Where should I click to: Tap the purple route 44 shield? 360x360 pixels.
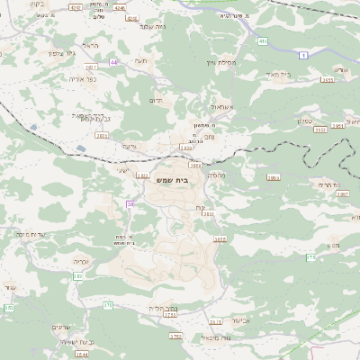(114, 62)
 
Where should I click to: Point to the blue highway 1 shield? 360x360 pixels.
(304, 55)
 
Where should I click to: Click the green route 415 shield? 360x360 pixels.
(262, 40)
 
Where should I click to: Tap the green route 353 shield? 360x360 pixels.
(8, 308)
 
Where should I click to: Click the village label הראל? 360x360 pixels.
(88, 46)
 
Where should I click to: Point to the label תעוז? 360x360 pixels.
(139, 60)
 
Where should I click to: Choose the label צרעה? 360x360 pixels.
(130, 146)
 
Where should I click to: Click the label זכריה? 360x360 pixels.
(78, 260)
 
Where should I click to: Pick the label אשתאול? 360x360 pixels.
(219, 107)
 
